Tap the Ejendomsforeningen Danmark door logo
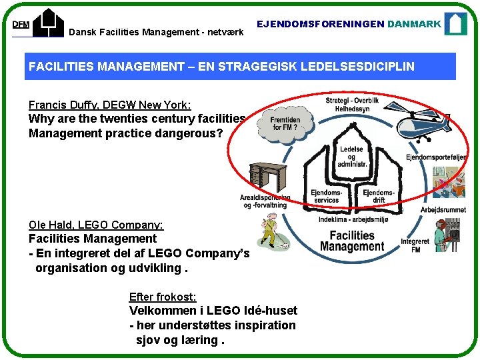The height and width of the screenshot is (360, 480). pyautogui.click(x=455, y=23)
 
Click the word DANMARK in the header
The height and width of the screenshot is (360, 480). pyautogui.click(x=414, y=23)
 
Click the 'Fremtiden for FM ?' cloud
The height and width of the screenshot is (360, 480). pyautogui.click(x=286, y=123)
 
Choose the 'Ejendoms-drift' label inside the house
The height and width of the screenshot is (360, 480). pyautogui.click(x=379, y=196)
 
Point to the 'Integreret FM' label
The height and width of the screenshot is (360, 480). pyautogui.click(x=415, y=245)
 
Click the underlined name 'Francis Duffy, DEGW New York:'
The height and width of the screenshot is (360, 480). pyautogui.click(x=110, y=105)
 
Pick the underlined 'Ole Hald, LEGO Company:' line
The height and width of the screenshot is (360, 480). pyautogui.click(x=96, y=225)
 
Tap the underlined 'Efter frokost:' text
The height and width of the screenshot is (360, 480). pyautogui.click(x=162, y=297)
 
